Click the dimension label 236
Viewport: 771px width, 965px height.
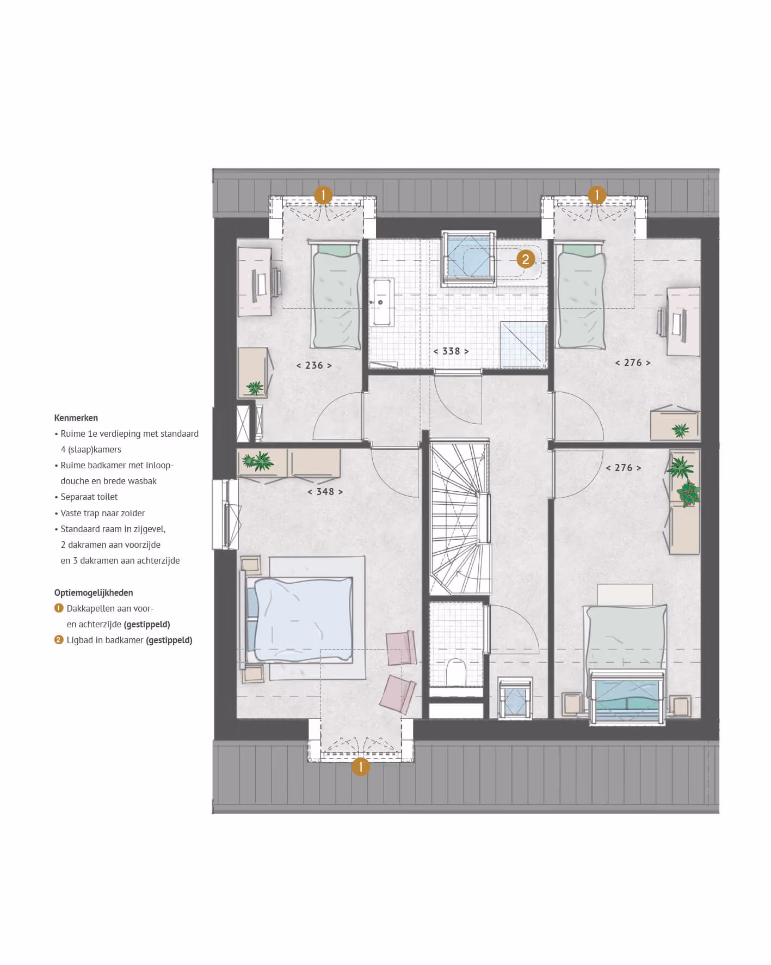(x=314, y=365)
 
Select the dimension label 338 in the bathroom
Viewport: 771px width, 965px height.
(x=451, y=351)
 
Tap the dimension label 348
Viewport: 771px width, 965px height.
(x=325, y=492)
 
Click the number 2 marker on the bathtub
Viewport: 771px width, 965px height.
(x=526, y=259)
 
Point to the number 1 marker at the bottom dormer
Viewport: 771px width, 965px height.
(x=360, y=767)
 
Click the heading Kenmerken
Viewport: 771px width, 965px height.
(x=76, y=418)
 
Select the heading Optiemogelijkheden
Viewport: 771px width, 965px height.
(x=94, y=593)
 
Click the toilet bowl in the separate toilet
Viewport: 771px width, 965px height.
(x=456, y=673)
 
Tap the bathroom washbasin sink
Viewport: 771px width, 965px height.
(x=381, y=302)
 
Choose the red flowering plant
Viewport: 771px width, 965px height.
(x=689, y=494)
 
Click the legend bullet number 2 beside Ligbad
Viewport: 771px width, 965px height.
(x=59, y=640)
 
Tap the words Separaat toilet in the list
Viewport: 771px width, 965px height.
(x=89, y=497)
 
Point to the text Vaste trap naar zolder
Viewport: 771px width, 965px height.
(x=103, y=514)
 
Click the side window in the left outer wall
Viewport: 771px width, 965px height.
(x=225, y=514)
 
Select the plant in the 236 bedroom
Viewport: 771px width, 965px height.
(x=255, y=388)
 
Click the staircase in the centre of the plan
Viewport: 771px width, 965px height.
(x=460, y=519)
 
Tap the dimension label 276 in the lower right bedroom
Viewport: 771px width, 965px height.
(x=624, y=468)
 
